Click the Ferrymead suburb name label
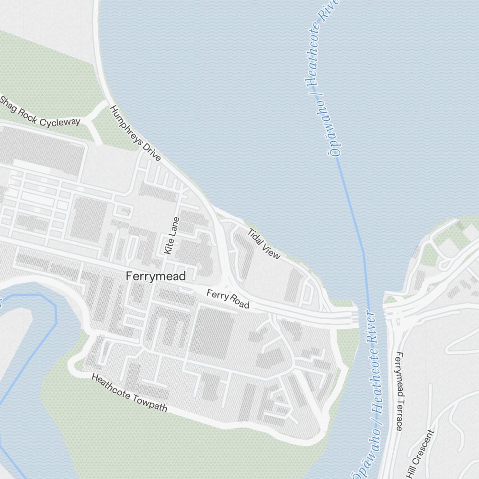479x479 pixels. [x=155, y=276]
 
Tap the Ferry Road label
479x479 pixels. [x=228, y=299]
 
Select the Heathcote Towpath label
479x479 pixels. [x=129, y=394]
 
